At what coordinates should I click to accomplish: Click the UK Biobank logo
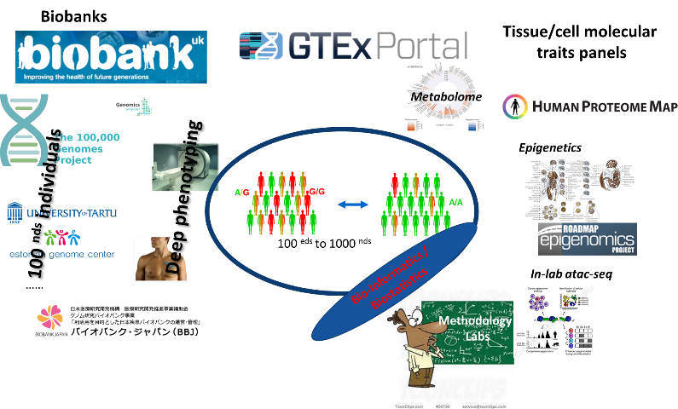[x=111, y=57]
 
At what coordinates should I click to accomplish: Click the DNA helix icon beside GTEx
[x=261, y=46]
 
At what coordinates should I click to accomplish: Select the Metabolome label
[x=446, y=97]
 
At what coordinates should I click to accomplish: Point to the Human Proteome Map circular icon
[x=514, y=107]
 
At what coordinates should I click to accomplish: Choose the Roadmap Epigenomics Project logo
[x=588, y=239]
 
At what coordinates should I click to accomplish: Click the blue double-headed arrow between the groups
[x=353, y=204]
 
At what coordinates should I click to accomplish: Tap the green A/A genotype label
[x=455, y=202]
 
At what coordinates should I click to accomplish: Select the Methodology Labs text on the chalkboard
[x=475, y=328]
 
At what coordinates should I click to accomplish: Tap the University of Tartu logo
[x=62, y=212]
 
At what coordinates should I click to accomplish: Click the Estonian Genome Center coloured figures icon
[x=61, y=237]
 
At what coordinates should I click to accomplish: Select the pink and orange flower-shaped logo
[x=50, y=317]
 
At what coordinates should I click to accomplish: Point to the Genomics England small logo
[x=134, y=106]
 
